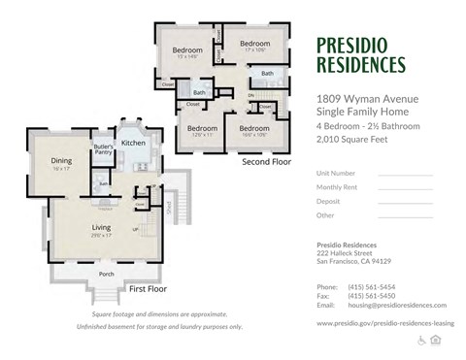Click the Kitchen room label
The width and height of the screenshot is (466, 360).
134,143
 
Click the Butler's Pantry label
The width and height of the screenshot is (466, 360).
102,149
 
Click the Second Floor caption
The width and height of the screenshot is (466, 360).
267,162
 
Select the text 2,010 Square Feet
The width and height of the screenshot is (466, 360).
353,140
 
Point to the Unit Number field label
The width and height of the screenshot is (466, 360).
335,173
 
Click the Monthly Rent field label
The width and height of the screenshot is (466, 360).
336,186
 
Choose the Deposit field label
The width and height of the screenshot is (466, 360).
329,201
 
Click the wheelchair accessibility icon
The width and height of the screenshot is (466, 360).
421,340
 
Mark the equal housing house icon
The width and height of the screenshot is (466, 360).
435,340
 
